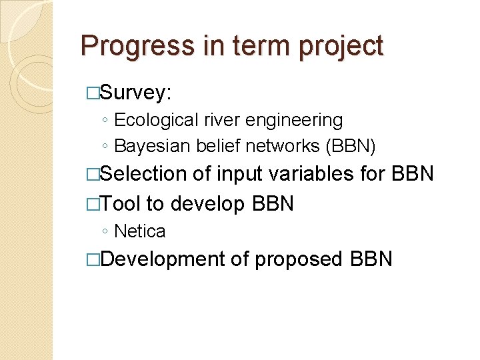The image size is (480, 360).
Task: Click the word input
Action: [239, 175]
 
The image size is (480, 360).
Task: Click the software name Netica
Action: [140, 231]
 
